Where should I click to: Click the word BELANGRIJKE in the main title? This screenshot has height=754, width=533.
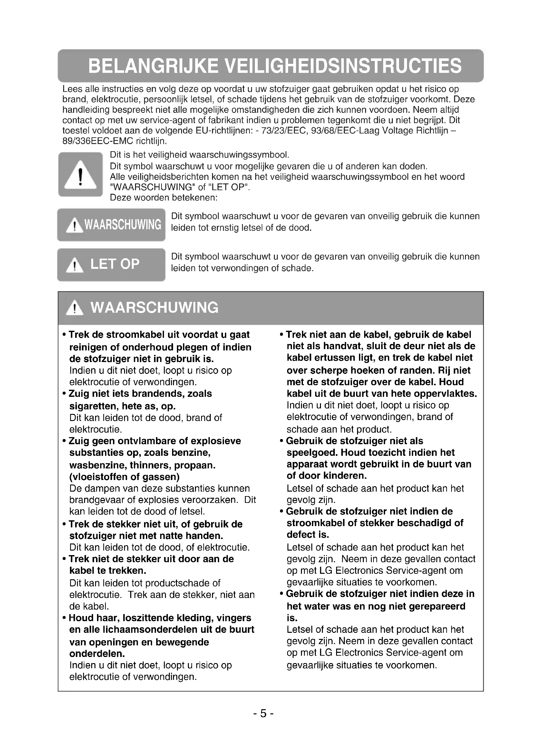(x=153, y=66)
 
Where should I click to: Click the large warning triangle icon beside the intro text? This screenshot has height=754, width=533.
(x=81, y=175)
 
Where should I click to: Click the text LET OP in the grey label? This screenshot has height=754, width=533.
(x=114, y=264)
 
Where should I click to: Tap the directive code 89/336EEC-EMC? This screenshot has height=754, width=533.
(x=97, y=141)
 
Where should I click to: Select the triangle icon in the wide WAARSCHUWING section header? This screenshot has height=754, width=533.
(x=74, y=308)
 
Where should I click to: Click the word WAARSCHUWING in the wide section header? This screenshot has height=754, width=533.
(x=154, y=308)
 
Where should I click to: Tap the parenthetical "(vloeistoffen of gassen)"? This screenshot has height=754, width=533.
(x=124, y=476)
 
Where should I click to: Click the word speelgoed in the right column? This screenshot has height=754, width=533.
(x=312, y=453)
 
